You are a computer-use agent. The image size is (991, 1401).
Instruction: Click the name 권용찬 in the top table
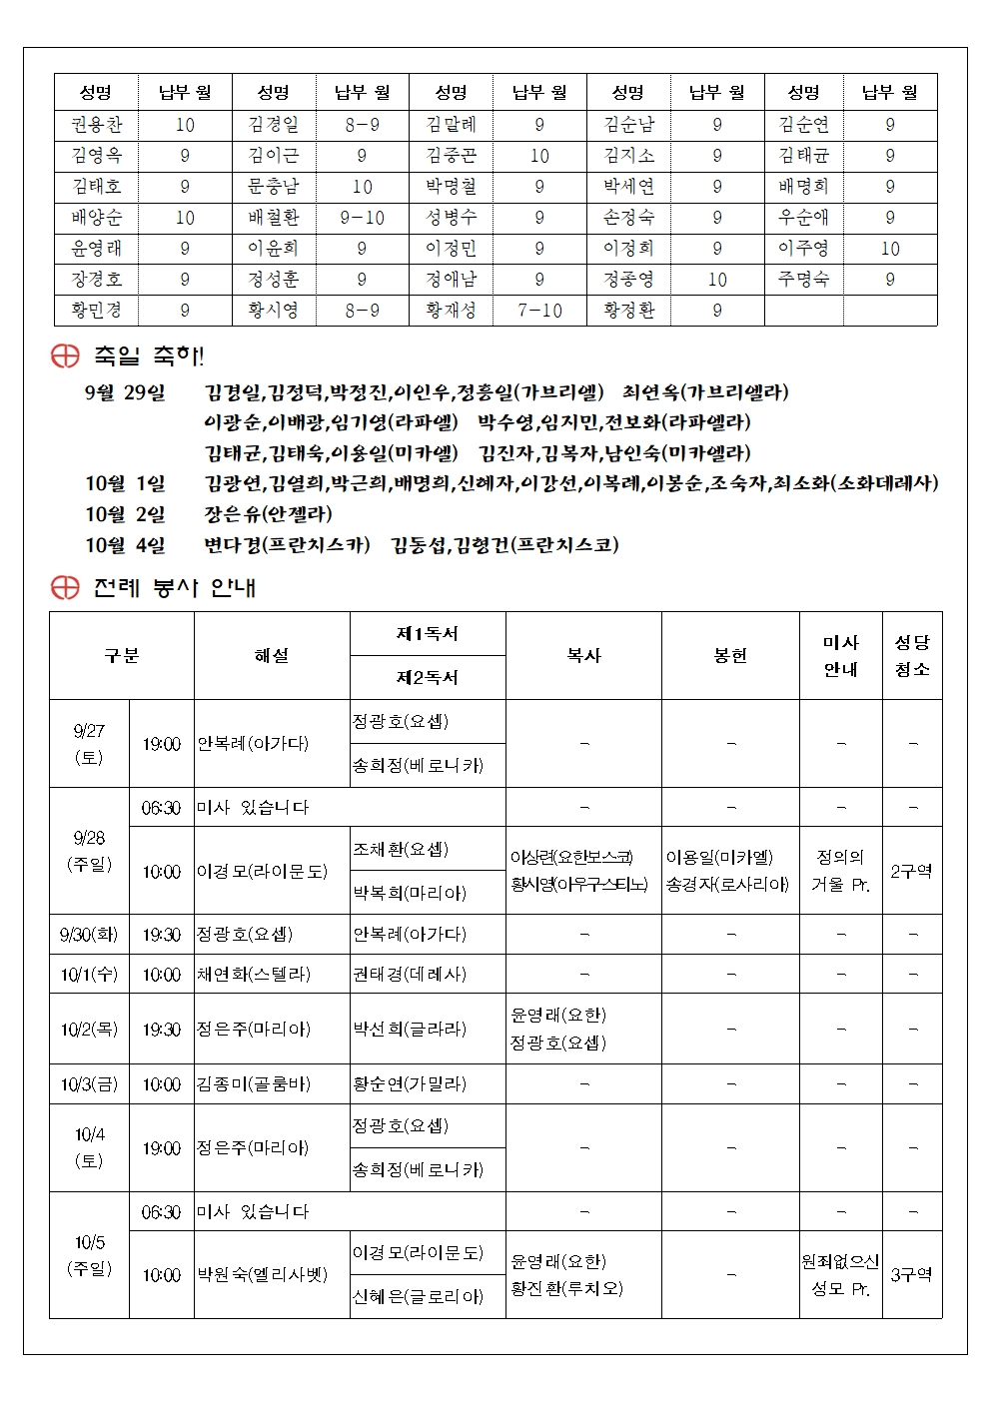pos(96,125)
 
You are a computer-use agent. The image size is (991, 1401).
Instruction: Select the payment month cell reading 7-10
pos(539,311)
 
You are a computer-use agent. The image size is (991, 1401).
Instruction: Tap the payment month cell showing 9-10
pos(362,218)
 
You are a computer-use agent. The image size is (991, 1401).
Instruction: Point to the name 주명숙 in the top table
pos(803,280)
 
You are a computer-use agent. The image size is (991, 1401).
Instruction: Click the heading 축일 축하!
pos(148,355)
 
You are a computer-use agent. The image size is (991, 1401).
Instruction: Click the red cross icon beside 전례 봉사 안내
pos(65,587)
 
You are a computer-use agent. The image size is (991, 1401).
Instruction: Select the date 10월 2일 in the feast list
pos(125,514)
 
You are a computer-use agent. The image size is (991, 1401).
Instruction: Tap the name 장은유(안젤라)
pos(268,514)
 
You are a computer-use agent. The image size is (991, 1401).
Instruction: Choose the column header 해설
pos(272,655)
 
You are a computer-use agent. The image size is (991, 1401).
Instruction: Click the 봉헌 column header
pos(730,655)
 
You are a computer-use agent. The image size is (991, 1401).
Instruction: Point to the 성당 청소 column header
pos(911,655)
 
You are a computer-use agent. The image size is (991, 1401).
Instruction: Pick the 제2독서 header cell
pos(427,677)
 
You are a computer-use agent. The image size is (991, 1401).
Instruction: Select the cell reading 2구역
pos(911,871)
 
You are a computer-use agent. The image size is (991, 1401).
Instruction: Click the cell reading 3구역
pos(911,1274)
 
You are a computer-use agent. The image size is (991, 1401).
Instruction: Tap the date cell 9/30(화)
pos(89,935)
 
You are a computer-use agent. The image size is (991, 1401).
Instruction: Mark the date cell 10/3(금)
pos(89,1083)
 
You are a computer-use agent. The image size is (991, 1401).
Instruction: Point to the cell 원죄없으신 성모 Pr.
pos(840,1274)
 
